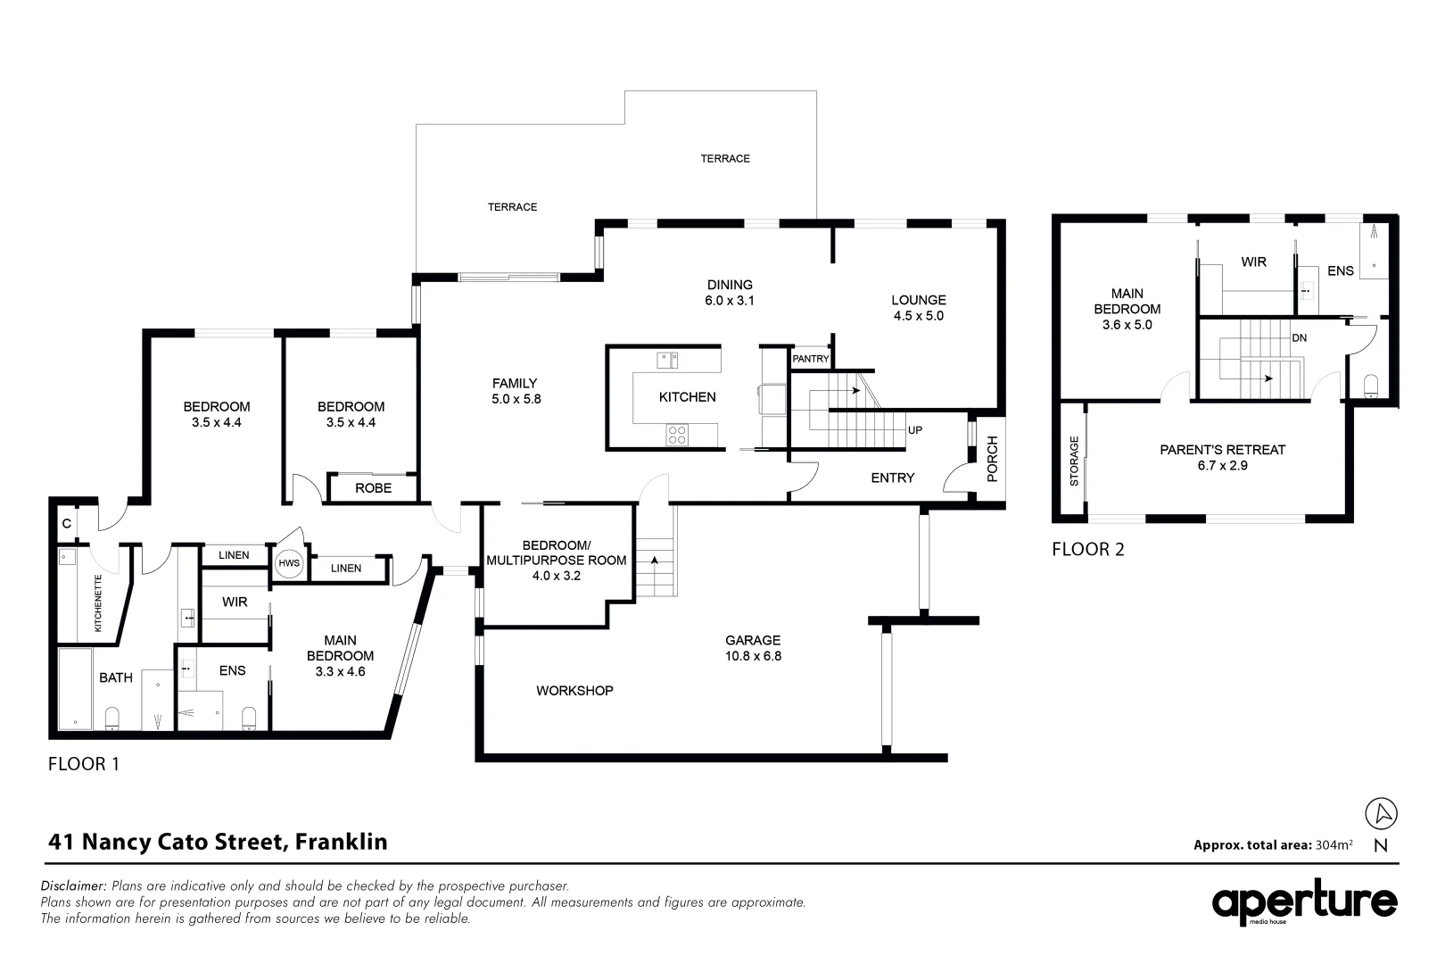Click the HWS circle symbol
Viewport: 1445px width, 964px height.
pyautogui.click(x=288, y=563)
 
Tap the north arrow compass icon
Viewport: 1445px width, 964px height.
pyautogui.click(x=1381, y=813)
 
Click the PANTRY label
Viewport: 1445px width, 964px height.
pyautogui.click(x=810, y=359)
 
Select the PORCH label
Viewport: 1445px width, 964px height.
pyautogui.click(x=992, y=459)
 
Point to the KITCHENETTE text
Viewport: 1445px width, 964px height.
pyautogui.click(x=98, y=603)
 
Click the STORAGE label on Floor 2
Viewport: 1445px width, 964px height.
pyautogui.click(x=1074, y=461)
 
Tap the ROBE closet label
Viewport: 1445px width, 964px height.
pyautogui.click(x=374, y=488)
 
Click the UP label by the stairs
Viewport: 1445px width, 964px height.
pyautogui.click(x=915, y=430)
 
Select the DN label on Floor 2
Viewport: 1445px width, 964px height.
pyautogui.click(x=1300, y=337)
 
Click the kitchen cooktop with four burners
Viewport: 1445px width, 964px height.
pyautogui.click(x=677, y=435)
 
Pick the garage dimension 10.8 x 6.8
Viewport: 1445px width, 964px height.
pyautogui.click(x=753, y=656)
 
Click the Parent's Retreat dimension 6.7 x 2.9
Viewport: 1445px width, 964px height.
pyautogui.click(x=1222, y=466)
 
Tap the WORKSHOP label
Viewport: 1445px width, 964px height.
pyautogui.click(x=574, y=691)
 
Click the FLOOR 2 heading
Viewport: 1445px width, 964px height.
pyautogui.click(x=1088, y=550)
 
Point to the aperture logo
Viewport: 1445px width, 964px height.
pyautogui.click(x=1305, y=902)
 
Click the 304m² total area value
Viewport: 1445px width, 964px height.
pyautogui.click(x=1334, y=844)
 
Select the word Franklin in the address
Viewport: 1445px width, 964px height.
pyautogui.click(x=342, y=842)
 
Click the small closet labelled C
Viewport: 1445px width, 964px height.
pyautogui.click(x=66, y=523)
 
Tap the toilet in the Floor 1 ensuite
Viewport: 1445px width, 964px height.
pyautogui.click(x=249, y=719)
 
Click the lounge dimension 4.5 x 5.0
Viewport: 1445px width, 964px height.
pyautogui.click(x=919, y=316)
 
